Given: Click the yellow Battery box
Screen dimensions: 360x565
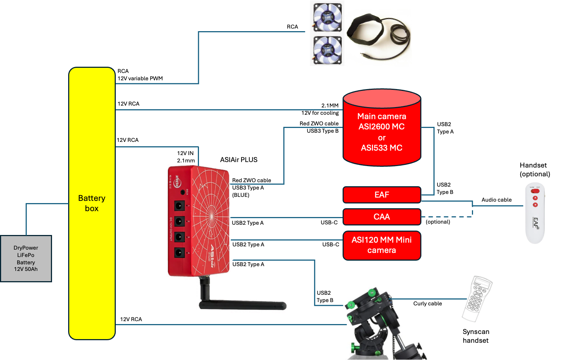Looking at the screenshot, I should coord(92,203).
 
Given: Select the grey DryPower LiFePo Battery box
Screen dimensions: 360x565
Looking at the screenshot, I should coord(26,258).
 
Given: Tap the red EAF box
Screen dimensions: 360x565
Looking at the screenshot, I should coord(382,195).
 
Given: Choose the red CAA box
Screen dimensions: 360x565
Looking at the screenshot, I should coord(382,217).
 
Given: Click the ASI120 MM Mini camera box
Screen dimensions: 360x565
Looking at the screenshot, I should coord(382,245).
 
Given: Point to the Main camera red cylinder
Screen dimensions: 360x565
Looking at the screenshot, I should coord(382,132).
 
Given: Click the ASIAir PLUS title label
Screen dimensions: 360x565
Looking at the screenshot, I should coord(239,160).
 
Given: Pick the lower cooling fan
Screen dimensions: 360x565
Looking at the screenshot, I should coord(328,50).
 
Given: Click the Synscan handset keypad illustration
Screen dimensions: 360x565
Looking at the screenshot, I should coord(476,299).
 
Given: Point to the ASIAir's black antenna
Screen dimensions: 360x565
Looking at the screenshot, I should coord(242,305).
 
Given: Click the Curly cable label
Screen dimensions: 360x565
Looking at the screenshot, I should coord(428,304).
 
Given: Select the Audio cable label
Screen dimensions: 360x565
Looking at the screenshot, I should coord(496,200).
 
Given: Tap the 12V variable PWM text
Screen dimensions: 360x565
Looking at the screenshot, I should coord(140,78).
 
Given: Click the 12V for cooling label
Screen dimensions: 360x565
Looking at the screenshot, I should coord(320,113).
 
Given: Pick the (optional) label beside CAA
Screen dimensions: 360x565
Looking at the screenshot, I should coord(438,222).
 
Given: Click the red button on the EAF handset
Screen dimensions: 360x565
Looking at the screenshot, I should coord(535,191).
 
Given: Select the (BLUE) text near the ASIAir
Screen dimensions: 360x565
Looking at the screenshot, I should coord(241,195).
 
